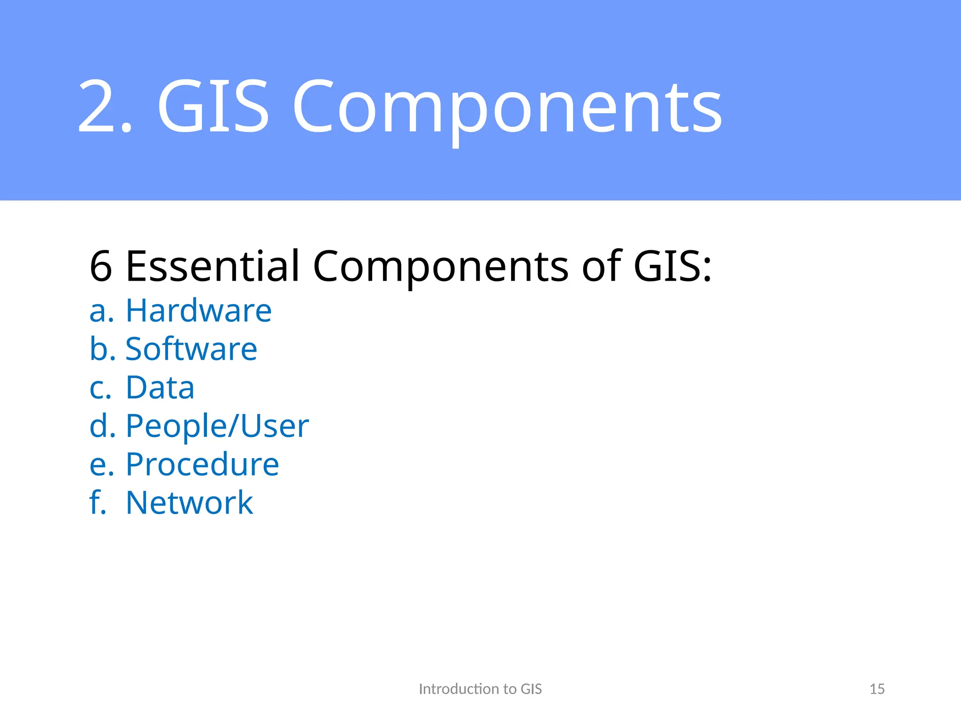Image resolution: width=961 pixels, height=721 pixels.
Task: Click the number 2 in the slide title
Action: tap(99, 106)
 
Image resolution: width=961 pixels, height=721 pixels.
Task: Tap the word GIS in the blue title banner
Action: tap(214, 106)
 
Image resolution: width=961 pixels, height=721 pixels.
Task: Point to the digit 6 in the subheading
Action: tap(101, 266)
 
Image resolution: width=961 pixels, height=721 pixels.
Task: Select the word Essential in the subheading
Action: tap(213, 266)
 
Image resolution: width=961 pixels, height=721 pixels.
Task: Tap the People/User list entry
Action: tap(217, 426)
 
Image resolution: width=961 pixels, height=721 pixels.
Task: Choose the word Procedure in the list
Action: tap(202, 464)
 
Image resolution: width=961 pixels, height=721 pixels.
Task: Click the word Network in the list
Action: tap(190, 503)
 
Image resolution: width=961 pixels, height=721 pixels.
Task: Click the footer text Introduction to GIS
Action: tap(480, 689)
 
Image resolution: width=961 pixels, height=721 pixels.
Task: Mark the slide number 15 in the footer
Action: tap(877, 689)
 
